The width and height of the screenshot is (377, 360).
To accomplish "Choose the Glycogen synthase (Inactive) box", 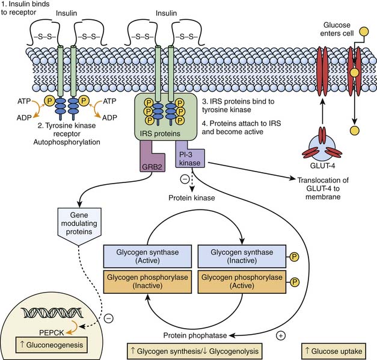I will [236, 254].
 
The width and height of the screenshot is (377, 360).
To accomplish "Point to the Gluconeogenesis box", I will [49, 346].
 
